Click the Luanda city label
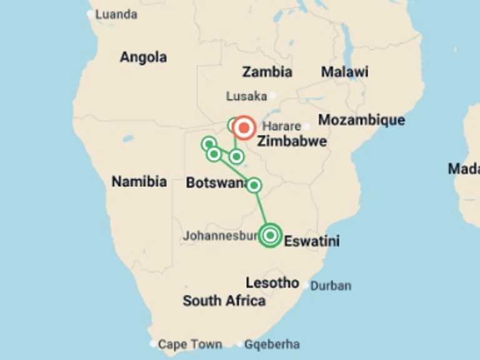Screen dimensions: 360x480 [116, 14]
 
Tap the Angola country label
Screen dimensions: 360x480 [143, 57]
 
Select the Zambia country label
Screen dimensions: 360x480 [267, 72]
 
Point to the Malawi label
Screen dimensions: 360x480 [344, 72]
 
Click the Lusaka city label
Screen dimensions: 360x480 [246, 96]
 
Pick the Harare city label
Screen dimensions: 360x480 [282, 126]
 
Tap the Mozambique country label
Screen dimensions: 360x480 [361, 120]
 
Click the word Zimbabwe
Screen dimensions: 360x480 [291, 141]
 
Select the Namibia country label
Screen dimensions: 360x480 [139, 182]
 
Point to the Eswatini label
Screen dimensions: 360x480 [312, 241]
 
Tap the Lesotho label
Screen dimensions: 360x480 [272, 282]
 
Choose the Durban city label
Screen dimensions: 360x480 [331, 286]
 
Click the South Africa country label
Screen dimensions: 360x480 [224, 301]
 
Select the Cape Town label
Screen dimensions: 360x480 [189, 344]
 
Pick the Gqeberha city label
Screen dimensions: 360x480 [272, 344]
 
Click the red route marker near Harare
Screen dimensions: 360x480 [244, 127]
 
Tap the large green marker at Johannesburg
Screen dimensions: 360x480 [270, 235]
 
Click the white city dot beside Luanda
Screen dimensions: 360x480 [91, 14]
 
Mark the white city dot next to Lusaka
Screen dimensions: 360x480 [272, 96]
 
